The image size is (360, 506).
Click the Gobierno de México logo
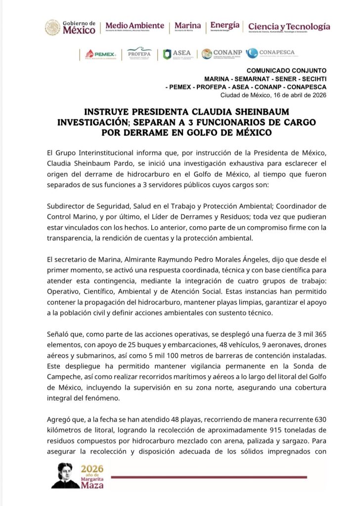point(70,27)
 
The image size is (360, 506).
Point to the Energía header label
point(225,26)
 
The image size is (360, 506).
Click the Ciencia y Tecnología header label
point(289,27)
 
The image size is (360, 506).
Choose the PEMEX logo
point(101,54)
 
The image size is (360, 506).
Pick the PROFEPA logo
point(139,54)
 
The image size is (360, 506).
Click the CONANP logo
point(220,54)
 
